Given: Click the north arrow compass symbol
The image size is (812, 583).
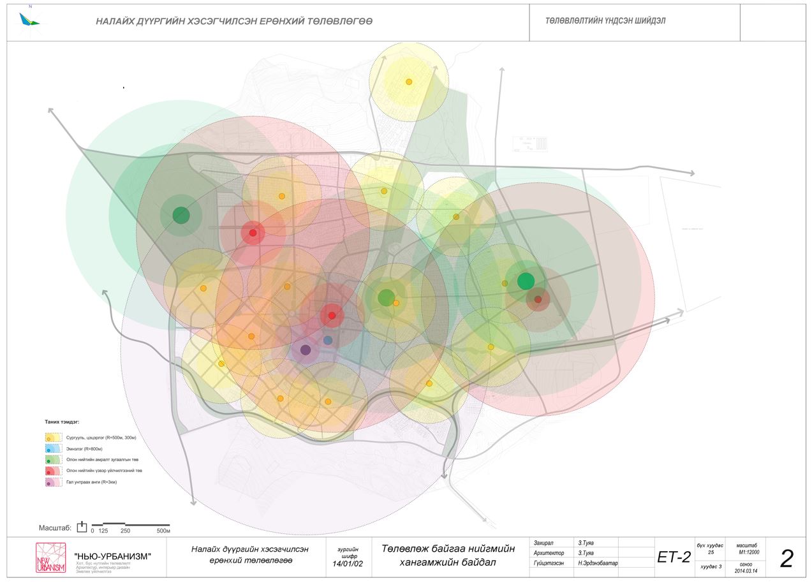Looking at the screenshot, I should pyautogui.click(x=29, y=19).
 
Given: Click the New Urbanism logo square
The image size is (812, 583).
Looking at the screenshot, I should pyautogui.click(x=50, y=558).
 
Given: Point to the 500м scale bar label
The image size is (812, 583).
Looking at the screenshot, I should pyautogui.click(x=163, y=531).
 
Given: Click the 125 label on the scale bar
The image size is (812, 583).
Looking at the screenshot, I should pyautogui.click(x=103, y=531).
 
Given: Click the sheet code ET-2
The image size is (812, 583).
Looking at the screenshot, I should pyautogui.click(x=674, y=557).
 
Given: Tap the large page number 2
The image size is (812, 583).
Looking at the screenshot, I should pyautogui.click(x=787, y=559).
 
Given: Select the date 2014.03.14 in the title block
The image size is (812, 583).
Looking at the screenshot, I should pyautogui.click(x=746, y=570).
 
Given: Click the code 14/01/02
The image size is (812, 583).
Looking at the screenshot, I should pyautogui.click(x=347, y=564).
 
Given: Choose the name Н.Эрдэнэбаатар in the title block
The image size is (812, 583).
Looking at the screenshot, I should pyautogui.click(x=597, y=564).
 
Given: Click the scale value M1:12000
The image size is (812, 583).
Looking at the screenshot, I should pyautogui.click(x=746, y=552).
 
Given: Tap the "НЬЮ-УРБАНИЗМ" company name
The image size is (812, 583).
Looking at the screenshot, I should pyautogui.click(x=113, y=557).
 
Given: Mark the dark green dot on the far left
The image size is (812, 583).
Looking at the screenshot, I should pyautogui.click(x=181, y=215).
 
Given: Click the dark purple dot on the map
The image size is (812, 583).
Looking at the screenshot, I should pyautogui.click(x=306, y=350).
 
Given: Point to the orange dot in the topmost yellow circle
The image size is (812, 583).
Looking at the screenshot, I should pyautogui.click(x=409, y=82).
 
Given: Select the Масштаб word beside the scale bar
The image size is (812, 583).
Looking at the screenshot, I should pyautogui.click(x=55, y=528).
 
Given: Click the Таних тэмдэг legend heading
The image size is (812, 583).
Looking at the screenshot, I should pyautogui.click(x=62, y=422).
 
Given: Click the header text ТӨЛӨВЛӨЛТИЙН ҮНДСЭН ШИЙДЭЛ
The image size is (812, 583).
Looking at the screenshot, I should pyautogui.click(x=605, y=21).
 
